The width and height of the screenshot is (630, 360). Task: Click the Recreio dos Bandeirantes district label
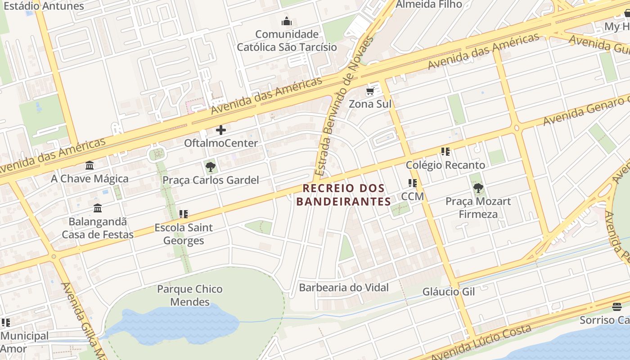(344, 194)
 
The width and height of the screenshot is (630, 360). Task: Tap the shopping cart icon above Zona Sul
(370, 91)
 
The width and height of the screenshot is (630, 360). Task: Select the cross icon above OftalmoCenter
(220, 130)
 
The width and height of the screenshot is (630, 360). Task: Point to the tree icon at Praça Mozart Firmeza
(478, 188)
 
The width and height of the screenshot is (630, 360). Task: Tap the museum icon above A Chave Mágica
(90, 166)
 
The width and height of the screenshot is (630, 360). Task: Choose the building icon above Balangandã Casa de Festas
(98, 208)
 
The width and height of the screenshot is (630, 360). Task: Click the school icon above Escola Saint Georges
(183, 214)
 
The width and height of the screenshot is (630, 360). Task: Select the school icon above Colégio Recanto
(445, 152)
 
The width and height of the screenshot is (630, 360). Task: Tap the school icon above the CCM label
(412, 183)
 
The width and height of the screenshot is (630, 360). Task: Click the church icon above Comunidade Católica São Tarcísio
(287, 21)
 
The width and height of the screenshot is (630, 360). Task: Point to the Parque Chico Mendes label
(189, 295)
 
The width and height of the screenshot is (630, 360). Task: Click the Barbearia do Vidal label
(344, 288)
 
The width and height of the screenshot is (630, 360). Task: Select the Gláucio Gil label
(448, 292)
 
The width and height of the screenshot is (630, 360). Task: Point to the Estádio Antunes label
(50, 6)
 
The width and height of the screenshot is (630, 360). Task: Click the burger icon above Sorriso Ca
(616, 307)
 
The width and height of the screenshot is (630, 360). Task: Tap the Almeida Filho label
(428, 4)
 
